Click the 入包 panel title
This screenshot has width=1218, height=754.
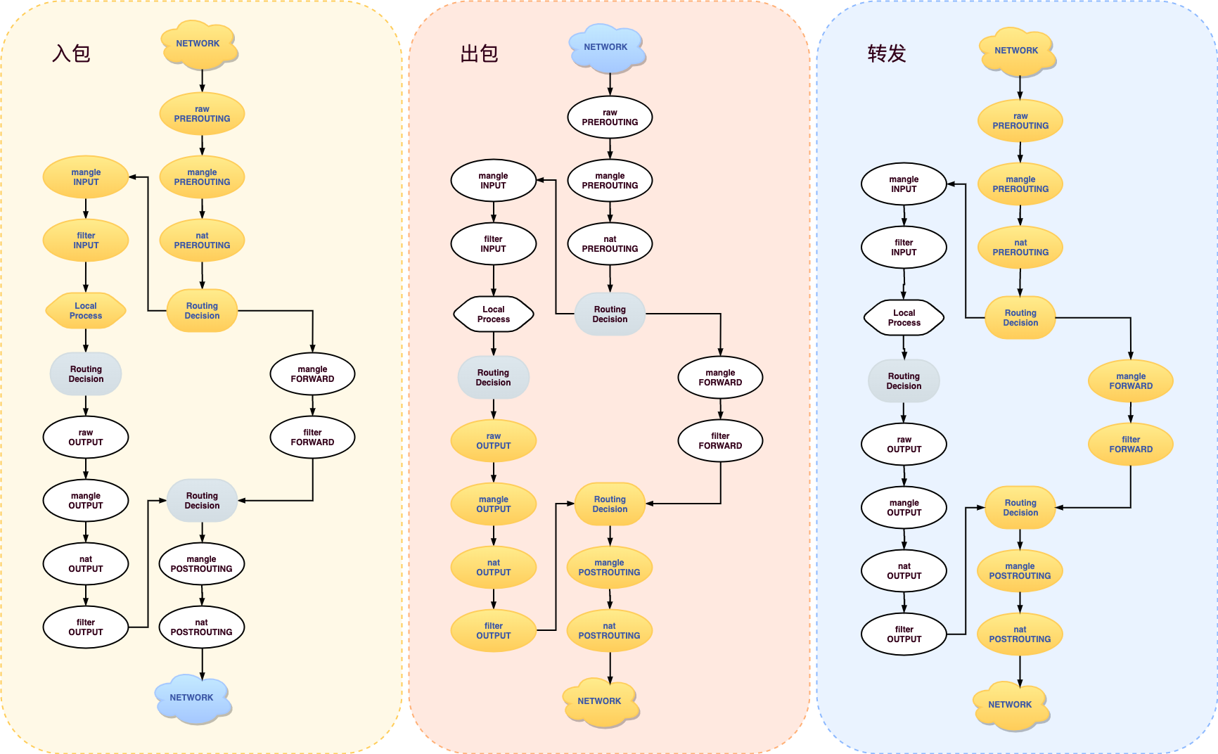click(71, 53)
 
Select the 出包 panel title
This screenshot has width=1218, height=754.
click(479, 53)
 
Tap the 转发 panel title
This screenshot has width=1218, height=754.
click(886, 53)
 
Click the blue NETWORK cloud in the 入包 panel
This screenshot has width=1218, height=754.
click(193, 698)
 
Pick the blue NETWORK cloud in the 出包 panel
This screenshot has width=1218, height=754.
click(606, 48)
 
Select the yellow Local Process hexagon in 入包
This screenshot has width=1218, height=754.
click(86, 311)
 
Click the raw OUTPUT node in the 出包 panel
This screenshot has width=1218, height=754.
click(494, 441)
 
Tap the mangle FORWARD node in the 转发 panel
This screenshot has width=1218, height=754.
click(1131, 381)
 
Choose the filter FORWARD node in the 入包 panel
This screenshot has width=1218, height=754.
click(312, 437)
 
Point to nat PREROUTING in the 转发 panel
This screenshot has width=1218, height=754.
click(1020, 248)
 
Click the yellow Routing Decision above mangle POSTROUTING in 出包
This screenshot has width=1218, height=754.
click(610, 504)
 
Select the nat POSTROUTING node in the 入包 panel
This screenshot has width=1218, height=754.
click(202, 627)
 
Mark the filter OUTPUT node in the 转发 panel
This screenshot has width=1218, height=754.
click(904, 634)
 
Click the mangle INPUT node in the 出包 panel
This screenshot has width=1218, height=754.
click(493, 181)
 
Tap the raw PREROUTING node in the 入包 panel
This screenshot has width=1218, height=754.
click(202, 114)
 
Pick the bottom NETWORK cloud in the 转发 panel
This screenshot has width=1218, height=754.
click(1011, 705)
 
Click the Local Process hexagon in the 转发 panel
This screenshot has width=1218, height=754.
click(904, 318)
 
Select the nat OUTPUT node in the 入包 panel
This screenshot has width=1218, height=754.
click(86, 564)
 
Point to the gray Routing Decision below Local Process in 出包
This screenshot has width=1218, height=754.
click(493, 378)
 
